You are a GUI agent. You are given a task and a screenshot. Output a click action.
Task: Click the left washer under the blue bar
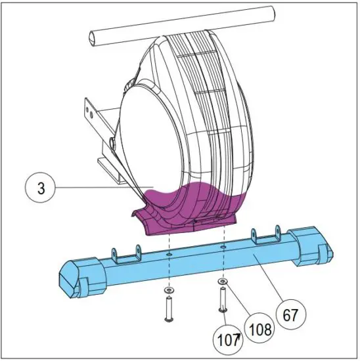169,289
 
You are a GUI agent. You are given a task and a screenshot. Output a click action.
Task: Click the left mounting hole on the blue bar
169,252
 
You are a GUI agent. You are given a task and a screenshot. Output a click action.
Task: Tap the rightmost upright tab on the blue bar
277,231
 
